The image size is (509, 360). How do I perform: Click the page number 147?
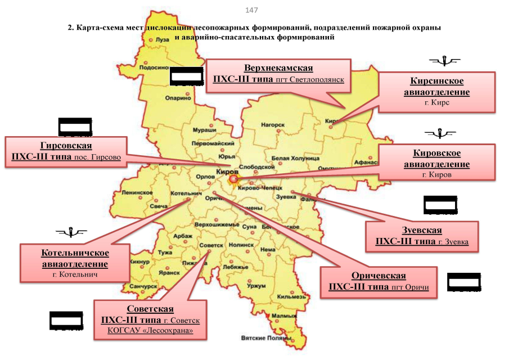pyautogui.click(x=252, y=10)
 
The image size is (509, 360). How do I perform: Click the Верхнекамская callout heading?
pyautogui.click(x=278, y=68)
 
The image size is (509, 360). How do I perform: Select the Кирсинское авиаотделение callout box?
pyautogui.click(x=436, y=92)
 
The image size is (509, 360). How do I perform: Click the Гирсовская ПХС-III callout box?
pyautogui.click(x=66, y=151)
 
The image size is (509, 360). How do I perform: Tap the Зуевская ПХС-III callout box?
pyautogui.click(x=421, y=236)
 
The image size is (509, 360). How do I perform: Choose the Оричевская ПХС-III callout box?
pyautogui.click(x=379, y=281)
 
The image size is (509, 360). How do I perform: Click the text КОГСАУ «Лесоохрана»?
pyautogui.click(x=150, y=331)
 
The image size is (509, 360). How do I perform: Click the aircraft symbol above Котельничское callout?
pyautogui.click(x=71, y=231)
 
